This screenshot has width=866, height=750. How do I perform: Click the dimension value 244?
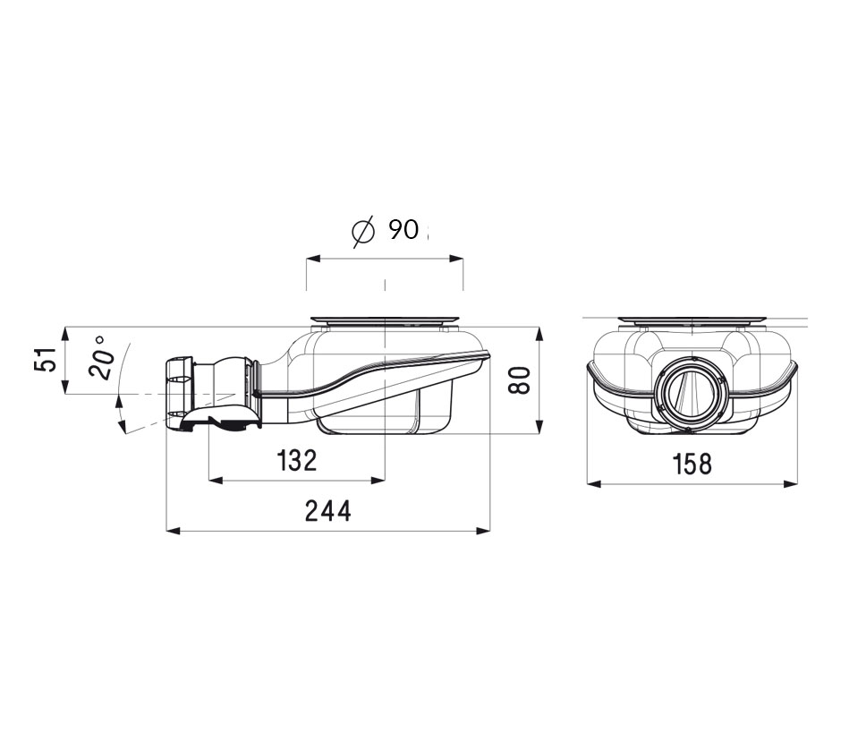328,511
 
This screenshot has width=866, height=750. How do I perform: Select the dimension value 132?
297,460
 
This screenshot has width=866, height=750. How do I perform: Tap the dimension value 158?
692,464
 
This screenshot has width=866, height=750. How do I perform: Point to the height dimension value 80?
520,379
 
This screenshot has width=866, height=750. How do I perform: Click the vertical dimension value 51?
46,359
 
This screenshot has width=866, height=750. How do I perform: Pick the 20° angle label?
102,357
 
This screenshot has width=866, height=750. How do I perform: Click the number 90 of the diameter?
403,229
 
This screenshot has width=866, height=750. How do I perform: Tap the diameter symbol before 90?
363,231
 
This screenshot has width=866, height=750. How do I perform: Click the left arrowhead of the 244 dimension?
174,531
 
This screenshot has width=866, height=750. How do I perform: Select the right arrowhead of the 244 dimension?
483,531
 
